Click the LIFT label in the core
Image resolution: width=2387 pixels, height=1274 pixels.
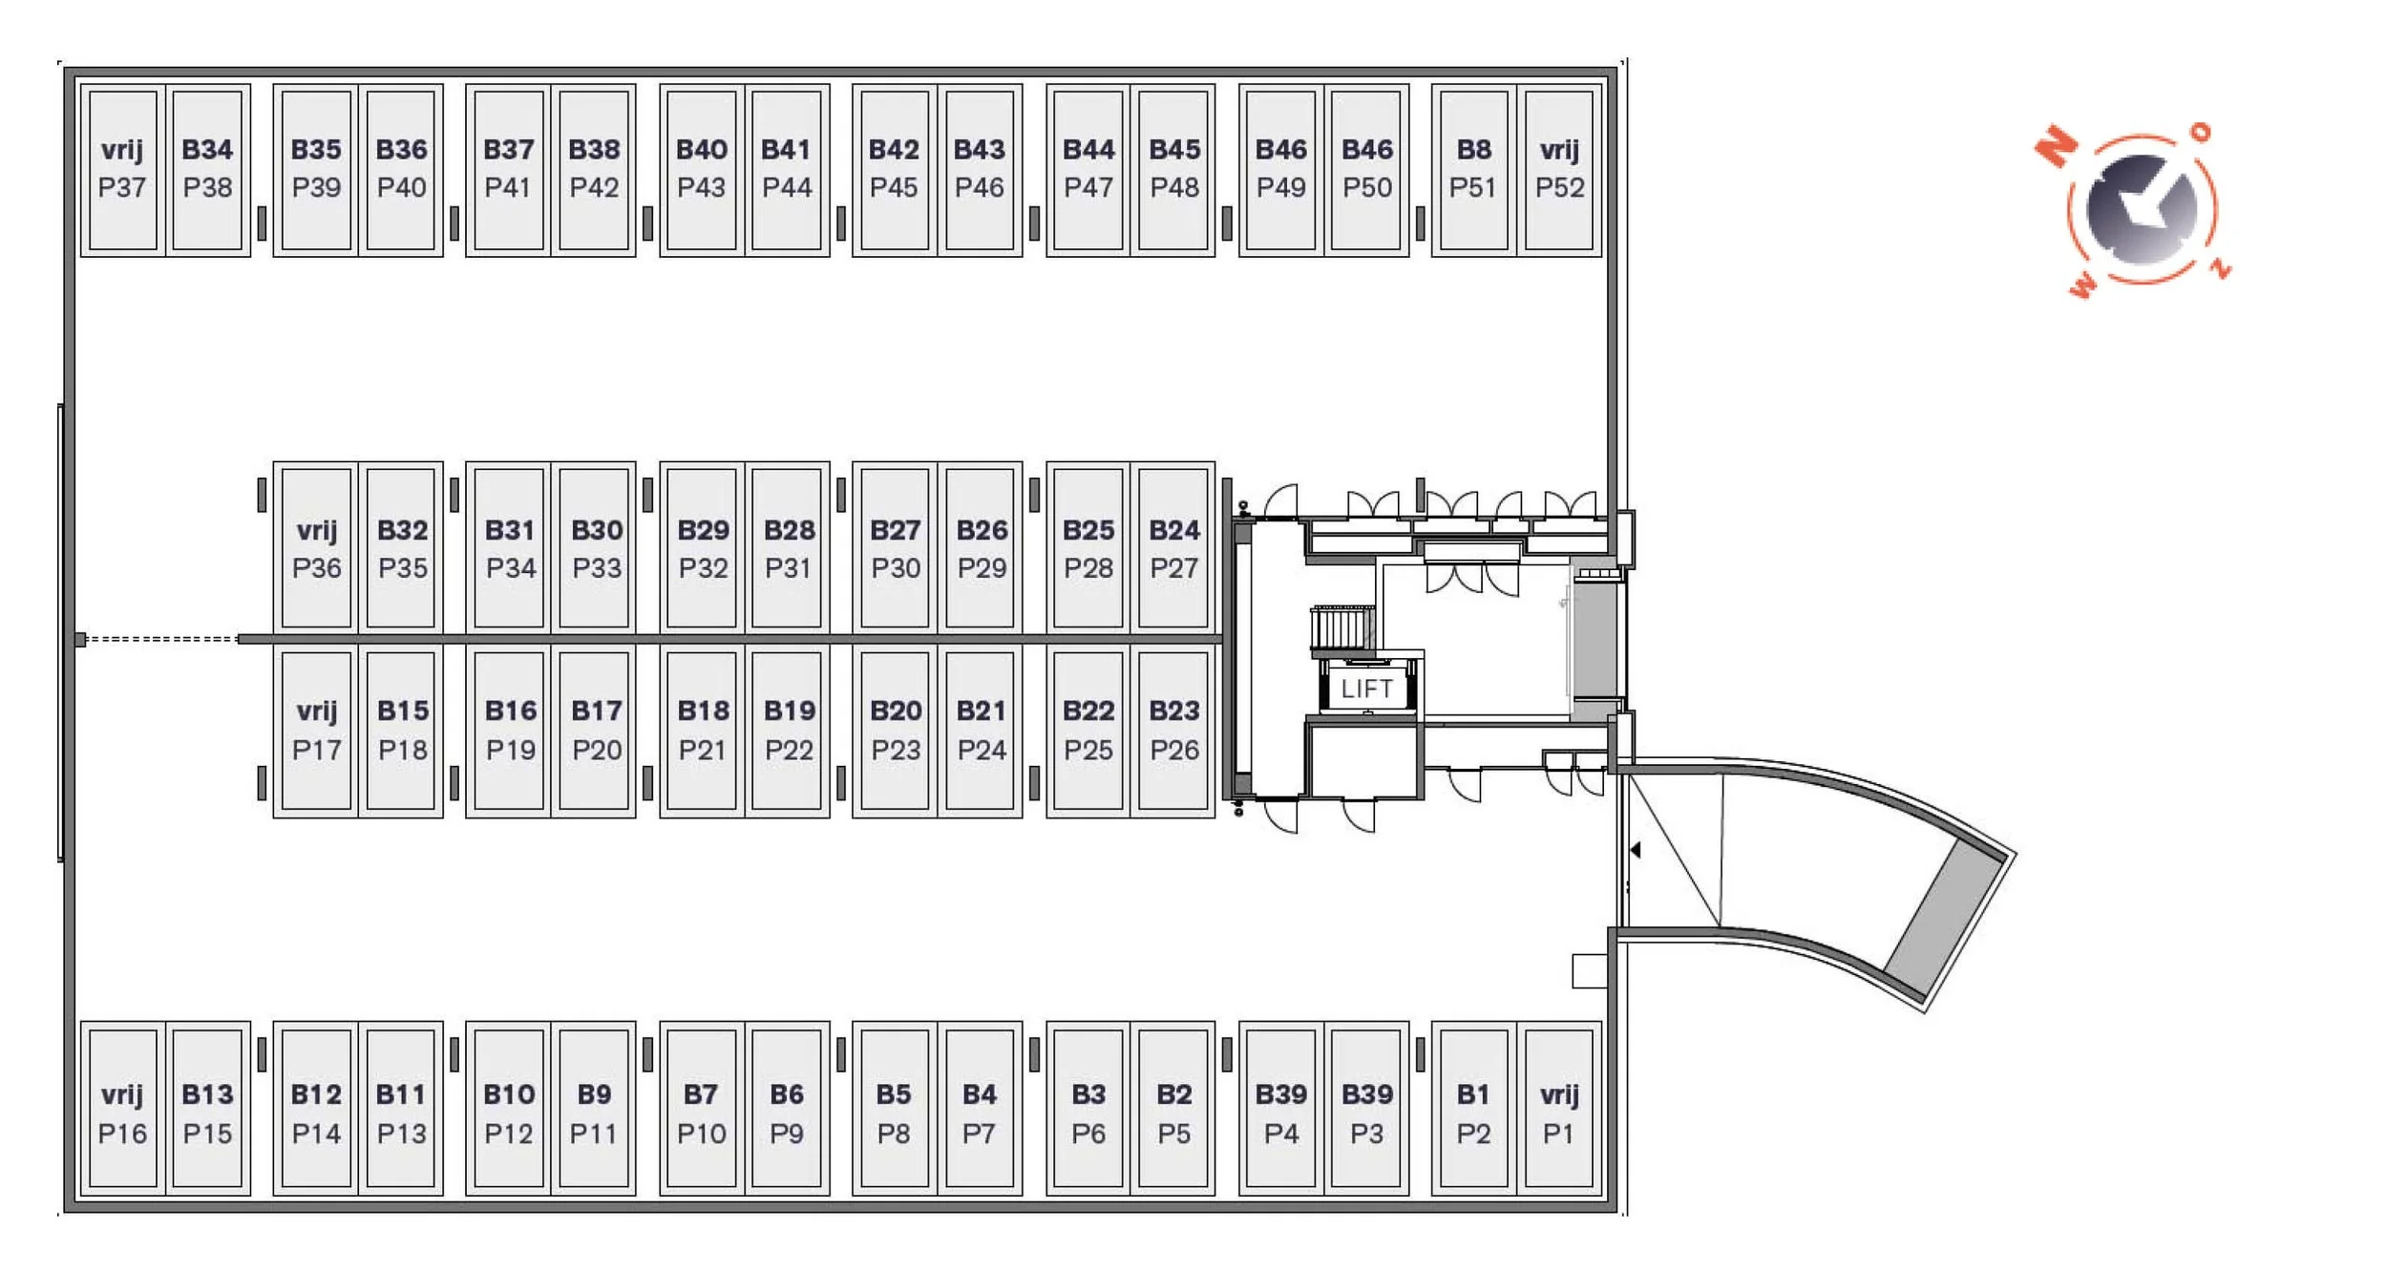click(x=1366, y=688)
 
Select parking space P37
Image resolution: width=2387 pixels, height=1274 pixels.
click(x=122, y=170)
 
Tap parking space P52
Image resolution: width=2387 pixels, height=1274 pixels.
click(x=1559, y=170)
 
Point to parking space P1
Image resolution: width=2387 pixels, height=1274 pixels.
click(x=1559, y=1114)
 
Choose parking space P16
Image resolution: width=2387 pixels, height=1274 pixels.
click(x=122, y=1114)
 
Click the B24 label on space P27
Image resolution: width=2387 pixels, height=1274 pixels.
click(x=1173, y=530)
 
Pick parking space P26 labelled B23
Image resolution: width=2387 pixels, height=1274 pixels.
click(x=1173, y=731)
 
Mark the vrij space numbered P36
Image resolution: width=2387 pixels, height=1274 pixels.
click(x=316, y=549)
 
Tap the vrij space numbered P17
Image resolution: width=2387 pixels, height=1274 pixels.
click(x=316, y=731)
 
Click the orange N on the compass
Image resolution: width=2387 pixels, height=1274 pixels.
click(x=2056, y=146)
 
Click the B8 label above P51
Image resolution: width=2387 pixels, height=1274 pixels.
click(x=1473, y=150)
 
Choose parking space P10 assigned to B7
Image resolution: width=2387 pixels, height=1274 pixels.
click(x=701, y=1114)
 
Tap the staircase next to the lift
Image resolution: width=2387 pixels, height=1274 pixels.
click(x=1341, y=630)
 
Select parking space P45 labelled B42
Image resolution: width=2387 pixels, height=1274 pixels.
click(x=894, y=170)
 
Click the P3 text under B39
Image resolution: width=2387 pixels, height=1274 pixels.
click(x=1366, y=1134)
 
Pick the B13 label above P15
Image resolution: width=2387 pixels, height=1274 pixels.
click(x=207, y=1094)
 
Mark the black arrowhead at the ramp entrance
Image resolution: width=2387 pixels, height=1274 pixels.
click(x=1636, y=849)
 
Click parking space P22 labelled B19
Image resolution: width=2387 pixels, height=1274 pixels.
click(x=789, y=731)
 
